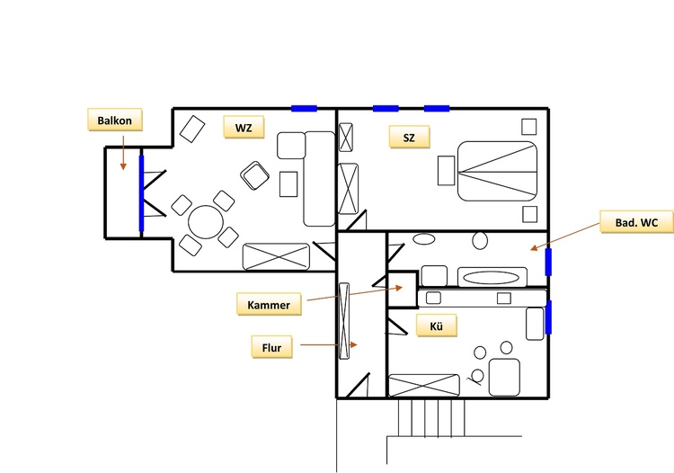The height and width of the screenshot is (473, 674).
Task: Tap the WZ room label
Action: point(244,128)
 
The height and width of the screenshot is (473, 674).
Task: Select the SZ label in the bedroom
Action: point(409,137)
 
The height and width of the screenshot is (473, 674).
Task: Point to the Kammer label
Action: point(269,305)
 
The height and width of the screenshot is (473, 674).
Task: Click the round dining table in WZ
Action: point(206,221)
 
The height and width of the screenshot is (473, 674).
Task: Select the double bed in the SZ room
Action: point(498,171)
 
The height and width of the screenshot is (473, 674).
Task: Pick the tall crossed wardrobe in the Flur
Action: point(343,321)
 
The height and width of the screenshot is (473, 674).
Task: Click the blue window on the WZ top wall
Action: point(304,108)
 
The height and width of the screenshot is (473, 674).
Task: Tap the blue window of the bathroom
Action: point(548,263)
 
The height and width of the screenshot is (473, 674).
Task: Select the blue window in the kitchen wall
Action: point(548,317)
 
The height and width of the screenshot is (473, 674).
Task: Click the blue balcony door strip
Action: point(141,192)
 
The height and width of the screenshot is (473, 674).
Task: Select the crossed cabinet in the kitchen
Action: point(424,386)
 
